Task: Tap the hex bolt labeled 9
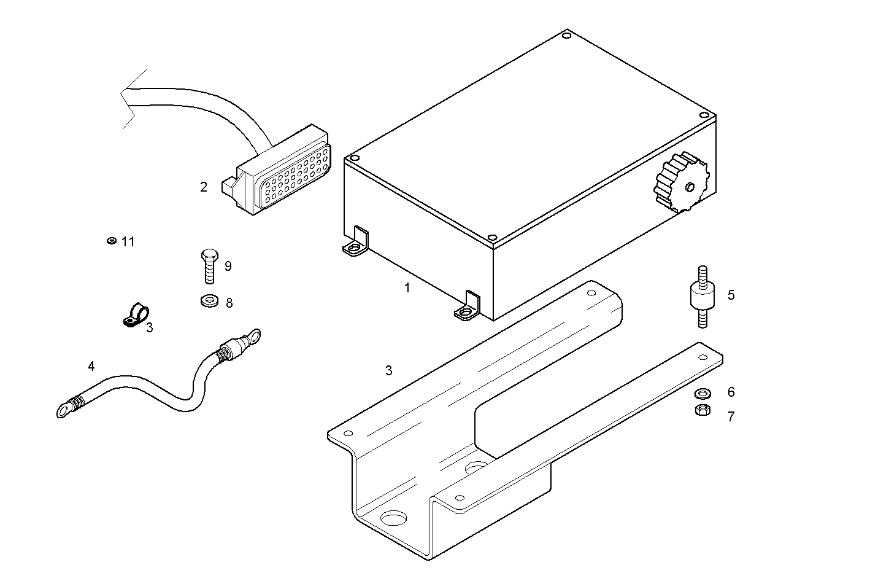point(209,265)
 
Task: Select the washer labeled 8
point(209,302)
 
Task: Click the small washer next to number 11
point(111,241)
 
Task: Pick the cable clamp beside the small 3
point(133,314)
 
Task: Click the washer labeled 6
point(701,392)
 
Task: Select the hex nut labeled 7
point(701,410)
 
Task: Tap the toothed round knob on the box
point(682,182)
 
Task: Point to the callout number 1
point(407,287)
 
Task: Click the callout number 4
point(91,367)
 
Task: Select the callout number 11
point(128,242)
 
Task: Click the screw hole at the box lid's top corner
point(566,36)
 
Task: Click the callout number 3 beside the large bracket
point(388,370)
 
